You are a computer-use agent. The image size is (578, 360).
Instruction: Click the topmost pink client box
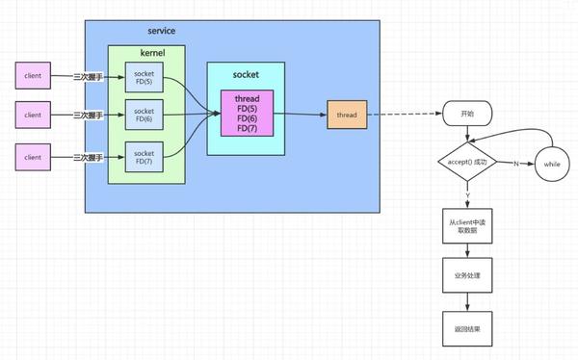[x=34, y=74]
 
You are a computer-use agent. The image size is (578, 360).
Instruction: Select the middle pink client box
[x=34, y=115]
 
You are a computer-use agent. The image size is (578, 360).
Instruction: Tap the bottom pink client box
[x=34, y=155]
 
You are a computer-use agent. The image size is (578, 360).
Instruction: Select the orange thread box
[x=347, y=114]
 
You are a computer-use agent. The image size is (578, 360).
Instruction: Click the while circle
[x=553, y=163]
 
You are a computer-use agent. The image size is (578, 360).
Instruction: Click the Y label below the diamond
[x=467, y=195]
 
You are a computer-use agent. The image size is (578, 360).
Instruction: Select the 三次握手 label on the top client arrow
[x=88, y=74]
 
